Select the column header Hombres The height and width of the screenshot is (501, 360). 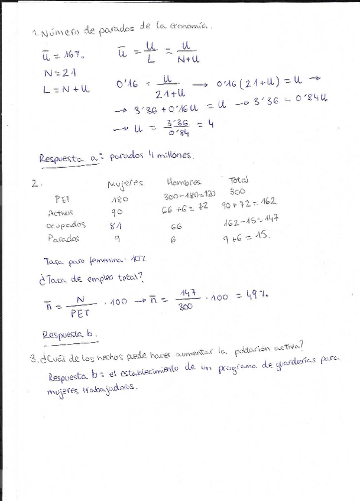coord(184,183)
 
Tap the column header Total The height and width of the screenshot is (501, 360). coord(239,180)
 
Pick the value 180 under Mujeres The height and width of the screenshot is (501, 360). coord(120,200)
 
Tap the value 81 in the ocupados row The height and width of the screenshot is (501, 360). coord(117,226)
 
